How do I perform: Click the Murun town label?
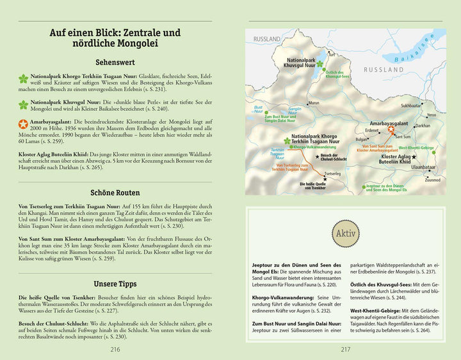pyautogui.click(x=314, y=102)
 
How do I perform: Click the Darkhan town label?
pyautogui.click(x=422, y=126)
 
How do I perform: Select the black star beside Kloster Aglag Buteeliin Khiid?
pyautogui.click(x=414, y=156)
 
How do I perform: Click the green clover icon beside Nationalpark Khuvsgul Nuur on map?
pyautogui.click(x=320, y=64)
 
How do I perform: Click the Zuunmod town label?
pyautogui.click(x=432, y=180)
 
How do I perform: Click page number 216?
pyautogui.click(x=115, y=349)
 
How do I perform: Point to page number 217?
pyautogui.click(x=345, y=349)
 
